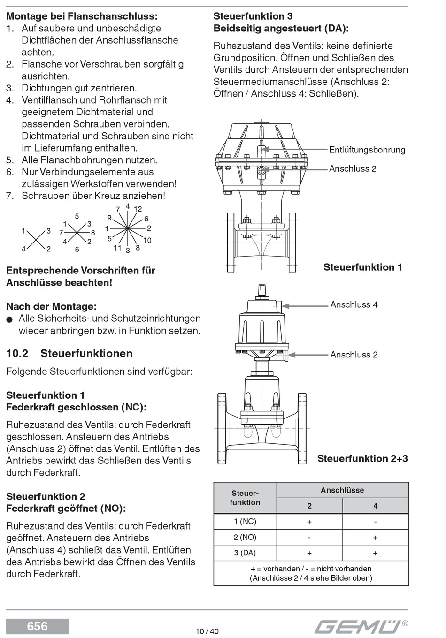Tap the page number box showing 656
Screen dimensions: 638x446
pyautogui.click(x=38, y=626)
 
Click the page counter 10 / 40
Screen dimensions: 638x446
pyautogui.click(x=207, y=631)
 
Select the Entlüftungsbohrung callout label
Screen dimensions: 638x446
pyautogui.click(x=367, y=150)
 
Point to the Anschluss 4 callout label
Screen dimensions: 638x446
pyautogui.click(x=354, y=304)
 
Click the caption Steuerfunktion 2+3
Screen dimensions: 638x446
pyautogui.click(x=362, y=458)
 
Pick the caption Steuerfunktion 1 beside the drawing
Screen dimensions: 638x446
pyautogui.click(x=362, y=267)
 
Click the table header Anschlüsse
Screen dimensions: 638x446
pyautogui.click(x=342, y=490)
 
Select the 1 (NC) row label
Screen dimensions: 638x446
pyautogui.click(x=245, y=521)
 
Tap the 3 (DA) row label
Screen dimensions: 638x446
pyautogui.click(x=245, y=553)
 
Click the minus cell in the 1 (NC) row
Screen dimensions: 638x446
pyautogui.click(x=375, y=522)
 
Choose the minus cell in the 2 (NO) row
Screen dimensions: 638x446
pyautogui.click(x=309, y=538)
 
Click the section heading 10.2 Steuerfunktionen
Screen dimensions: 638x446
pyautogui.click(x=69, y=353)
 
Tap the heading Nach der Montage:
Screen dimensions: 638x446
pyautogui.click(x=51, y=306)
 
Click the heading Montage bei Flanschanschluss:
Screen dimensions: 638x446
pyautogui.click(x=82, y=16)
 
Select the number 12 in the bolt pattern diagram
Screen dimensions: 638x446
pyautogui.click(x=138, y=209)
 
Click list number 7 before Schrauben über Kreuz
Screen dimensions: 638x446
pyautogui.click(x=9, y=196)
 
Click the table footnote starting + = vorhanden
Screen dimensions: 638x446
pyautogui.click(x=311, y=573)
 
